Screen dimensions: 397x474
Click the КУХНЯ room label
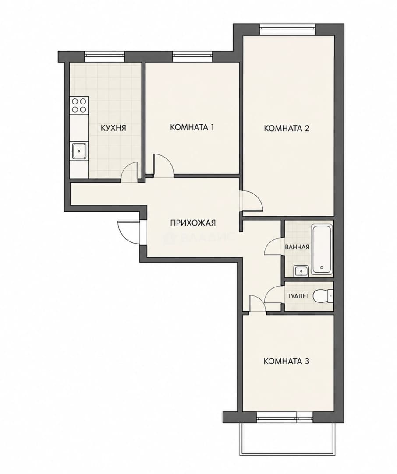point(113,128)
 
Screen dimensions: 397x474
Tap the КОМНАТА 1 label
point(192,127)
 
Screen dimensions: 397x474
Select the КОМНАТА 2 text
point(287,129)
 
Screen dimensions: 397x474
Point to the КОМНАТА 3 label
point(287,361)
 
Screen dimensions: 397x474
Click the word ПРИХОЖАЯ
point(193,223)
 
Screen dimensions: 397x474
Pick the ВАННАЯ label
point(297,247)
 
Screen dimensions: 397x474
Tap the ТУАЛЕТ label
point(298,296)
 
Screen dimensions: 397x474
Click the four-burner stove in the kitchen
point(79,105)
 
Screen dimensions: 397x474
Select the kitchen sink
point(79,151)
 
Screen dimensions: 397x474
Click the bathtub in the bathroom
point(322,249)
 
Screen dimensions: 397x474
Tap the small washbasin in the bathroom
point(301,271)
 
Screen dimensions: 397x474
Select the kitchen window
point(104,55)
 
